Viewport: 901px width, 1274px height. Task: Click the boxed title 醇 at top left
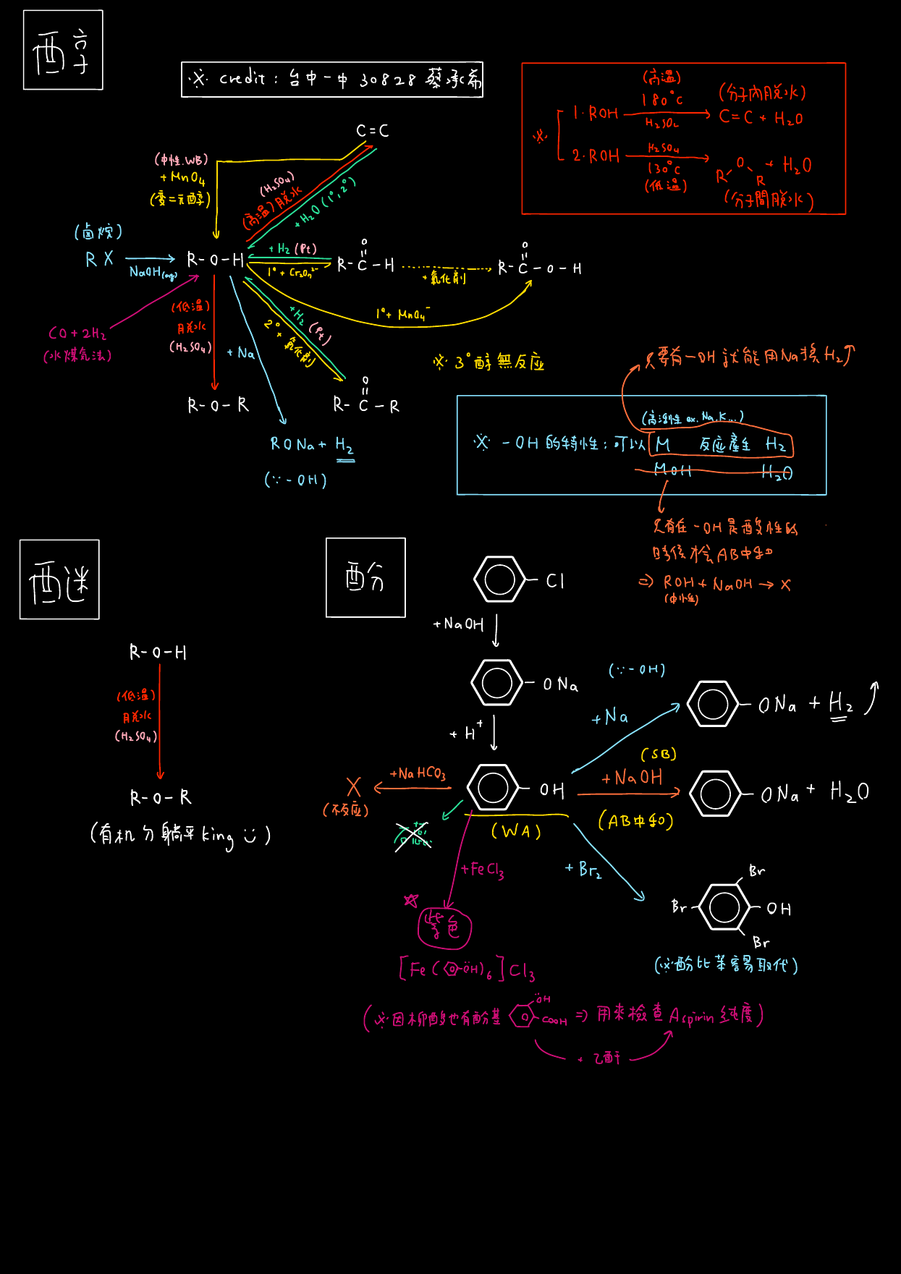click(x=62, y=51)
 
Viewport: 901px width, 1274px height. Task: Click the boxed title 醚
click(x=59, y=579)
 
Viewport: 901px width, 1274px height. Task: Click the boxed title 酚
click(x=365, y=577)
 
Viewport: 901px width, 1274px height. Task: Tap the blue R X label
click(x=99, y=259)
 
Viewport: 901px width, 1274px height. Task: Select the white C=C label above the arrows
click(x=372, y=131)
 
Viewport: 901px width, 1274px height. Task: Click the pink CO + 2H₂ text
click(x=77, y=334)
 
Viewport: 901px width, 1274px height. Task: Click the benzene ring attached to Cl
click(x=499, y=579)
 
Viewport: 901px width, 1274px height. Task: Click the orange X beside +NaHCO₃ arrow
click(x=353, y=787)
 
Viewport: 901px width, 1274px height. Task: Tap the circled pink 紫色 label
click(x=444, y=927)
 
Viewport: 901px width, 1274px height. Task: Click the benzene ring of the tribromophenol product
click(x=724, y=907)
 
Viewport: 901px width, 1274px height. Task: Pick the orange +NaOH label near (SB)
click(x=632, y=778)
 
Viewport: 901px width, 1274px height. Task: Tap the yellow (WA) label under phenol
click(x=516, y=831)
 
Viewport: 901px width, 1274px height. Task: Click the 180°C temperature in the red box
click(x=661, y=100)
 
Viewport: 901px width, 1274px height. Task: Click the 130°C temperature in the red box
click(x=664, y=169)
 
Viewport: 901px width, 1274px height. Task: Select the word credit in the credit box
click(x=242, y=78)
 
